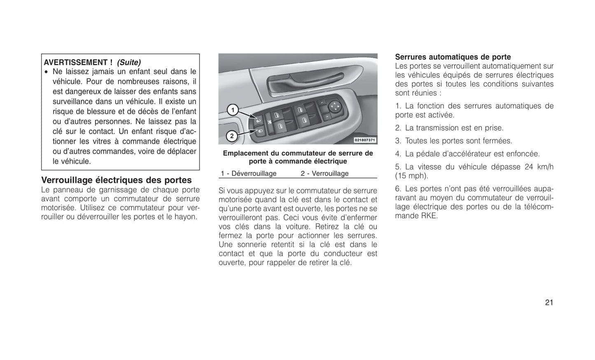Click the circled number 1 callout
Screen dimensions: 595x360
click(x=233, y=110)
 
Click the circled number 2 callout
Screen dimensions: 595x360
click(x=232, y=136)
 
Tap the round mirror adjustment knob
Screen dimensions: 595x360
click(x=335, y=107)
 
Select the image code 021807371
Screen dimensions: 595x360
click(x=365, y=140)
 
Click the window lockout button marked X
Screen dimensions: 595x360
click(x=269, y=122)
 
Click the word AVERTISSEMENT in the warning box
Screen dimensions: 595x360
click(x=76, y=63)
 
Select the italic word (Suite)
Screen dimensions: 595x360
click(x=129, y=63)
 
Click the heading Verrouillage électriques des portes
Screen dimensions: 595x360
click(x=117, y=180)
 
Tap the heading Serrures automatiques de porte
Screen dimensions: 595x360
click(x=453, y=57)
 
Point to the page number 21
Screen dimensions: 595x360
click(x=549, y=302)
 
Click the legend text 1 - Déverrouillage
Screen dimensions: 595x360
click(x=249, y=173)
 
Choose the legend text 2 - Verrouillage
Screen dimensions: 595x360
click(x=324, y=173)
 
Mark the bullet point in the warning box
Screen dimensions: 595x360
click(x=47, y=72)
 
